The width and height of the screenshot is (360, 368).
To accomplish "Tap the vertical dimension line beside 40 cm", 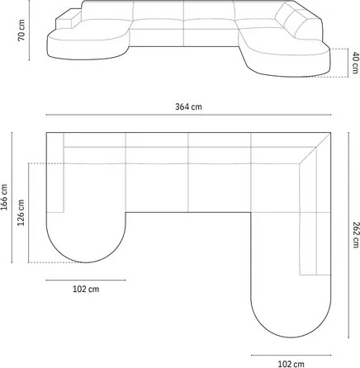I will pos(345,62).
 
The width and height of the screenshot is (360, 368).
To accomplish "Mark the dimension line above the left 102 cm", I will pos(85,279).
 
